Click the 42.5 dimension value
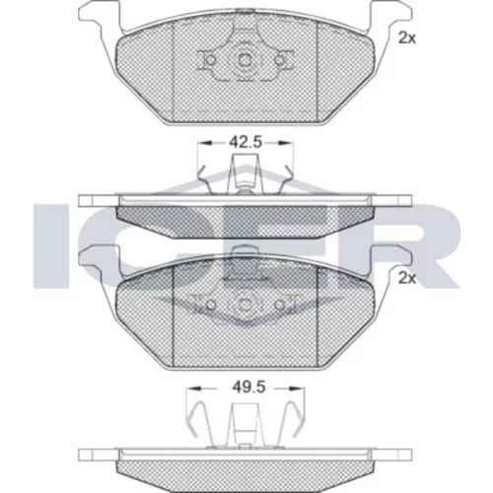246,142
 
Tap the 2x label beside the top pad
407,38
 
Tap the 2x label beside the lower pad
407,279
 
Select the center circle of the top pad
245,60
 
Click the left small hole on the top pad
210,60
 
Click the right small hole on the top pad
279,60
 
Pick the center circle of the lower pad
245,305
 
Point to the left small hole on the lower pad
211,305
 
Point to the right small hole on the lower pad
279,305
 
